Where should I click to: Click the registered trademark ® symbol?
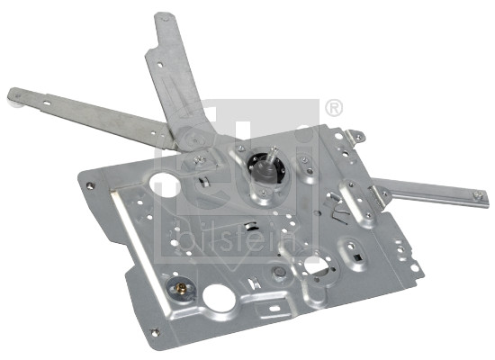[334, 108]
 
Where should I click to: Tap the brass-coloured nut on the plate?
[181, 287]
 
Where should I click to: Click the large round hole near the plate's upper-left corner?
[164, 185]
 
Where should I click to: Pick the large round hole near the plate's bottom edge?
[219, 298]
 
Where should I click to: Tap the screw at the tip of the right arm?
[477, 195]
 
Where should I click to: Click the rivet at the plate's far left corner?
[91, 185]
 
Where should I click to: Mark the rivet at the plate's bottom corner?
[155, 332]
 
